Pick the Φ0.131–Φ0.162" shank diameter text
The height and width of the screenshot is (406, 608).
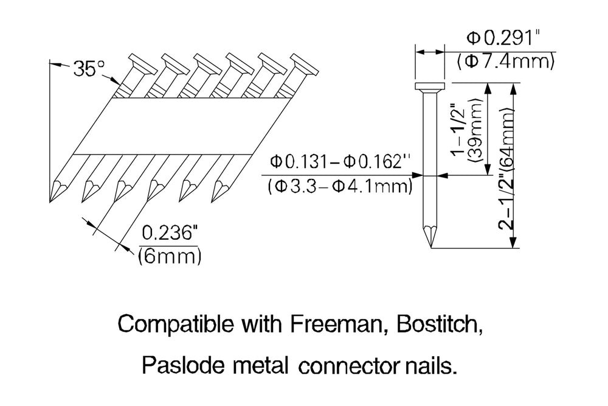tap(341, 163)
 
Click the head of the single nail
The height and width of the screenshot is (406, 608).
tap(430, 87)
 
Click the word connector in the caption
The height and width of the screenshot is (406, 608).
tap(341, 366)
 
